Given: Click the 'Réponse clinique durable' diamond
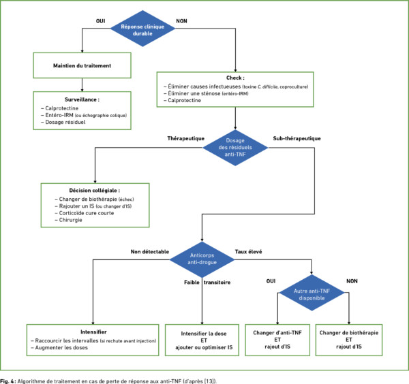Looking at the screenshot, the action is (x=142, y=29).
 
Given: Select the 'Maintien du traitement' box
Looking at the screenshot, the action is (x=82, y=65).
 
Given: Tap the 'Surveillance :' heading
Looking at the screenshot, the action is (x=82, y=99).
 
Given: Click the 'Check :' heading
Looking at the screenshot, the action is (x=235, y=78).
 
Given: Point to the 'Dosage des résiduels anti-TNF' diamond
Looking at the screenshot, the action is (x=235, y=148).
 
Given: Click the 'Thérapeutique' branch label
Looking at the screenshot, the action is (x=185, y=138).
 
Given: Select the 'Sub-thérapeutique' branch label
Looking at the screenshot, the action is (x=297, y=138).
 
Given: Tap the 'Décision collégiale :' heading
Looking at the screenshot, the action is (x=95, y=191).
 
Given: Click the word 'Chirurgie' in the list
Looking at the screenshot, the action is (x=70, y=220).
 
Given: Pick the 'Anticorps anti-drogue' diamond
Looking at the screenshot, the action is (x=202, y=259).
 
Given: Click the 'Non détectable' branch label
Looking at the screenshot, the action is (x=150, y=252).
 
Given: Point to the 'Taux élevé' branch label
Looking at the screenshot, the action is (x=248, y=252).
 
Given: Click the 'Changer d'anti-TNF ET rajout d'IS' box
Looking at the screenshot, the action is (x=277, y=340).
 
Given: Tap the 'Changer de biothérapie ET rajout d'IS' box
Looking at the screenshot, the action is (x=349, y=340).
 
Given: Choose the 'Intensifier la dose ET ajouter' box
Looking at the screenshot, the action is (x=202, y=340).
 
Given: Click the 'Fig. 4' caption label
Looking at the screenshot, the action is (x=7, y=381).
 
